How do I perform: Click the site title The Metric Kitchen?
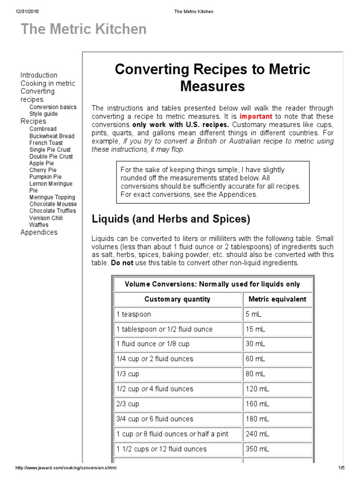point(84,30)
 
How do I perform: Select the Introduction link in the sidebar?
point(39,75)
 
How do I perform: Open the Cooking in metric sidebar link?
point(47,83)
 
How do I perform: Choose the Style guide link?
point(44,114)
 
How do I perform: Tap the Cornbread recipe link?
point(43,129)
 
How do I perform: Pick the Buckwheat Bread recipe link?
point(52,136)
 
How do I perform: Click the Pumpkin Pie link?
point(45,177)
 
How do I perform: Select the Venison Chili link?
point(45,218)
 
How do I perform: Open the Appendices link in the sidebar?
point(39,232)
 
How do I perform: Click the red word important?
point(256,116)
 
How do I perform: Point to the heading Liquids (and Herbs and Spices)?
point(171,219)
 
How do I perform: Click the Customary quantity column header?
point(177,299)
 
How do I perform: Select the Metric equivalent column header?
point(277,299)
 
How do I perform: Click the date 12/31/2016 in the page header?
point(26,11)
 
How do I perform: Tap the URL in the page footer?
point(66,468)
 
